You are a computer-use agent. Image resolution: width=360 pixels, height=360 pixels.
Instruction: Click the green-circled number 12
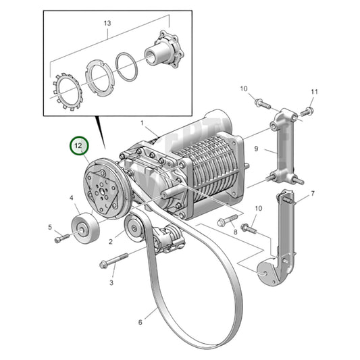[79, 145]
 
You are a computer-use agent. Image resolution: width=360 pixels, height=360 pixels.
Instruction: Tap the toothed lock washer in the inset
[66, 87]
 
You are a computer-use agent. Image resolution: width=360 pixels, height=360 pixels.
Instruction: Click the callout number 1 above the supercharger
[143, 123]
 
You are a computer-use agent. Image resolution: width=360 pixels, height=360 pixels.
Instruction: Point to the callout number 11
[313, 91]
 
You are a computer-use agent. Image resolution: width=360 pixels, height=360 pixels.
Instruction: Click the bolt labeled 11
[307, 110]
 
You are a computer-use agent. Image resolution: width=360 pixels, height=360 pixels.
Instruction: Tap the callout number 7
[313, 194]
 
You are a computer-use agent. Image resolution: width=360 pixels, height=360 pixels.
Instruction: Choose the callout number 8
[234, 232]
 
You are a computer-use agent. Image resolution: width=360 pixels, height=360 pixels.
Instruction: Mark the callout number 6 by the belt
[140, 322]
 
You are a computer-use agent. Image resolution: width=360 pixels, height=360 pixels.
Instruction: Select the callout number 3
[111, 282]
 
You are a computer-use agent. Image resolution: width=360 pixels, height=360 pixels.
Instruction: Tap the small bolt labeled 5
[63, 238]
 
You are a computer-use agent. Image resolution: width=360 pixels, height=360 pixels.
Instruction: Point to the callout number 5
[49, 226]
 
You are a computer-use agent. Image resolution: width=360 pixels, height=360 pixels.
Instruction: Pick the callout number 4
[71, 198]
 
